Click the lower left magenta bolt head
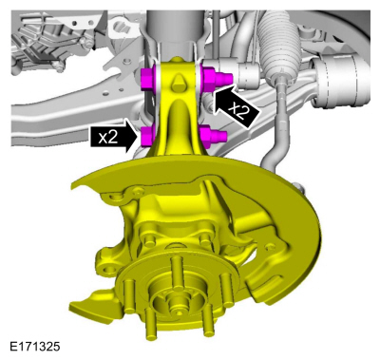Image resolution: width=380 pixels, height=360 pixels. pyautogui.click(x=147, y=139)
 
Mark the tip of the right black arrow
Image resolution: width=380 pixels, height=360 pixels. pyautogui.click(x=216, y=92)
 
